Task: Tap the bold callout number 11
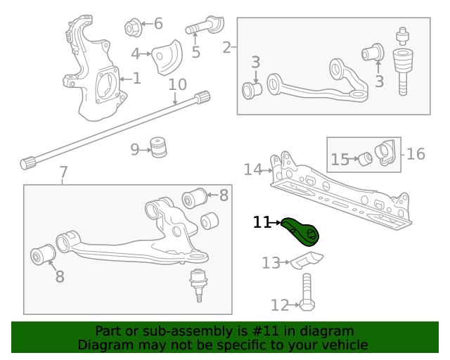pyautogui.click(x=262, y=223)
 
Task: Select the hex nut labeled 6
pyautogui.click(x=131, y=27)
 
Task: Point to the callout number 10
pyautogui.click(x=177, y=85)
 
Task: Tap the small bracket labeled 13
pyautogui.click(x=308, y=261)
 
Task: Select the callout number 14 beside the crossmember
pyautogui.click(x=252, y=169)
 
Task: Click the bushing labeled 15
pyautogui.click(x=365, y=159)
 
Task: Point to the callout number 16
pyautogui.click(x=416, y=153)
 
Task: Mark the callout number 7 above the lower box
pyautogui.click(x=63, y=172)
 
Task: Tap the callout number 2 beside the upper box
pyautogui.click(x=226, y=48)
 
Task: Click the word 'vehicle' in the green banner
pyautogui.click(x=344, y=345)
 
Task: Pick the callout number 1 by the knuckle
pyautogui.click(x=136, y=78)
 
